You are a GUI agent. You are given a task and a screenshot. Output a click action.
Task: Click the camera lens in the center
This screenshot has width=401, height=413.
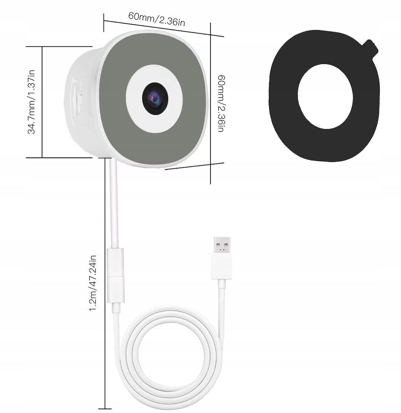pyautogui.click(x=155, y=98)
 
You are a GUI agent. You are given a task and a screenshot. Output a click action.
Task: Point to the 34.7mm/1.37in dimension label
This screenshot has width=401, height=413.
pyautogui.click(x=31, y=102)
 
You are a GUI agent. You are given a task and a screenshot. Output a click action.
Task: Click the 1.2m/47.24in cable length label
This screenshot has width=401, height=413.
pyautogui.click(x=92, y=283)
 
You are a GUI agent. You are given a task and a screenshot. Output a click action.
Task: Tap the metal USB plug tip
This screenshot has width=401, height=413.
pyautogui.click(x=222, y=245)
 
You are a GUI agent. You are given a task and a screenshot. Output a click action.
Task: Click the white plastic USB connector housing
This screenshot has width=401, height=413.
pyautogui.click(x=222, y=266)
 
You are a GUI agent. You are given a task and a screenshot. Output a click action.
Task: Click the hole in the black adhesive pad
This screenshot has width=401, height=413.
pyautogui.click(x=325, y=96)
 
